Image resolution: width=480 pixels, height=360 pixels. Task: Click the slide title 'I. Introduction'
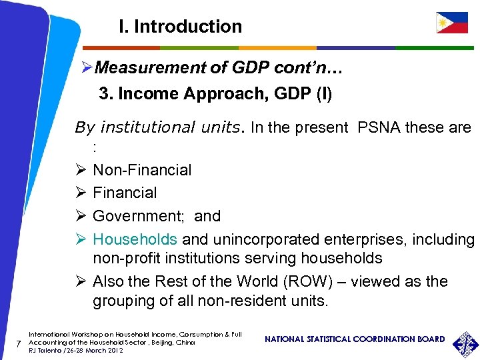[180, 27]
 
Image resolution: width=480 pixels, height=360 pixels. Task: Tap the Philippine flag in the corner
[452, 23]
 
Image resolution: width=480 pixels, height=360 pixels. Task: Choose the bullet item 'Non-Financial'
[142, 170]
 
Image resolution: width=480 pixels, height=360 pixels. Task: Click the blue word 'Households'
[135, 239]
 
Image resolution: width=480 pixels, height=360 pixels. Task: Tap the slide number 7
[19, 343]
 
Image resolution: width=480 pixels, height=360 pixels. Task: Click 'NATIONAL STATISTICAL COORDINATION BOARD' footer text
[355, 339]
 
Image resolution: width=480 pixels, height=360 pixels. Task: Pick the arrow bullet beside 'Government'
[79, 216]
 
